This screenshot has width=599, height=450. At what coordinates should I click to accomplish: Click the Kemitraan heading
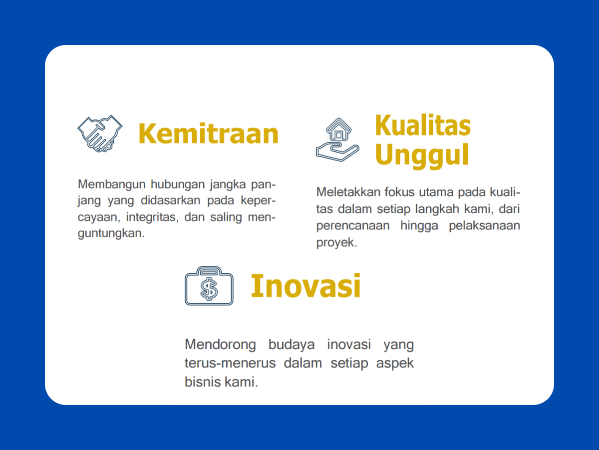(x=208, y=134)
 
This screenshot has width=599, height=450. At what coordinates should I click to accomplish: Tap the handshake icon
(x=100, y=133)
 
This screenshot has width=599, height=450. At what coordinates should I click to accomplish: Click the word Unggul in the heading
(x=422, y=155)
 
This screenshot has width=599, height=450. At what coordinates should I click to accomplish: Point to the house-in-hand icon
(x=337, y=140)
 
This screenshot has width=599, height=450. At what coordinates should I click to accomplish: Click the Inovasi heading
(x=305, y=285)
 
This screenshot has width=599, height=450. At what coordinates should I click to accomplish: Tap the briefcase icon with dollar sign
(x=209, y=286)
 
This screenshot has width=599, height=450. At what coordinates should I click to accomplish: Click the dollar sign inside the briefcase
(x=209, y=288)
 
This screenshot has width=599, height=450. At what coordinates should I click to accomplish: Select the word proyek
(x=336, y=242)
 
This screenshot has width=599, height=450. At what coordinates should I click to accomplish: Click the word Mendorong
(x=220, y=344)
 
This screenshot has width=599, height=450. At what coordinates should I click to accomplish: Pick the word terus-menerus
(x=230, y=363)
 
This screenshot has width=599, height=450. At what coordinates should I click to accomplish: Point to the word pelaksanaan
(x=484, y=225)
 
